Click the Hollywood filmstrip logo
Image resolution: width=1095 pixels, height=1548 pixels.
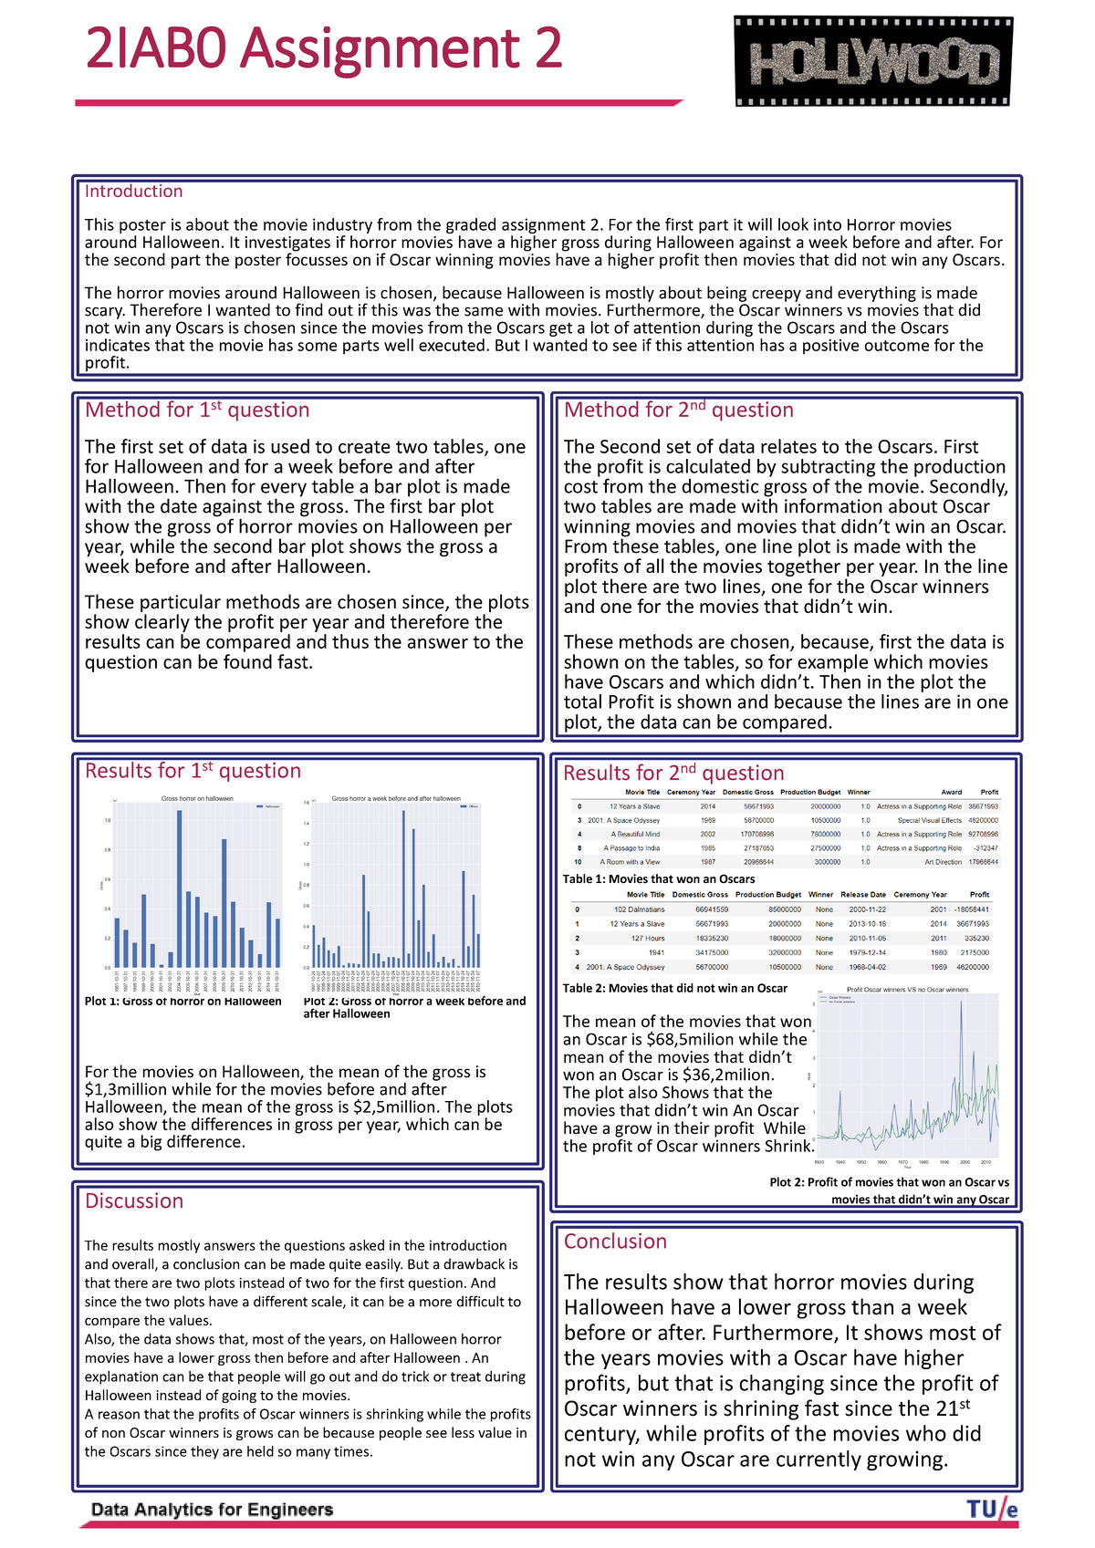[873, 62]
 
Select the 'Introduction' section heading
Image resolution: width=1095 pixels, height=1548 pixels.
[133, 192]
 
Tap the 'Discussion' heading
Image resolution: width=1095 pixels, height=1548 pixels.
[134, 1201]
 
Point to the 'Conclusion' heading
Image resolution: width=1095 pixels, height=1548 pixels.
[615, 1242]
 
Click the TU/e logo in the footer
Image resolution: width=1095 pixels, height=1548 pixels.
[992, 1510]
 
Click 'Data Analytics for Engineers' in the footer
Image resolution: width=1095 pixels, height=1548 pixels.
[212, 1510]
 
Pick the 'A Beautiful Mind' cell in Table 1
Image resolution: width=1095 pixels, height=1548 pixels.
[635, 835]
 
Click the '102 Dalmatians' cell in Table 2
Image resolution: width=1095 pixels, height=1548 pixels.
[639, 909]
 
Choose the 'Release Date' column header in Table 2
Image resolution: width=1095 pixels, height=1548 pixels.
[862, 895]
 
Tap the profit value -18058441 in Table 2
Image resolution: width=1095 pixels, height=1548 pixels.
[971, 909]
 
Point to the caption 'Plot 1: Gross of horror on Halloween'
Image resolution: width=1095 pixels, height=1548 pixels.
[182, 1002]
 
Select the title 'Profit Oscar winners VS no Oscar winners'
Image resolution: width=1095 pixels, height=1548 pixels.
[907, 990]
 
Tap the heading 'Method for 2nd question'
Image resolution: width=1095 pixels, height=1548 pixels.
[678, 410]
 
